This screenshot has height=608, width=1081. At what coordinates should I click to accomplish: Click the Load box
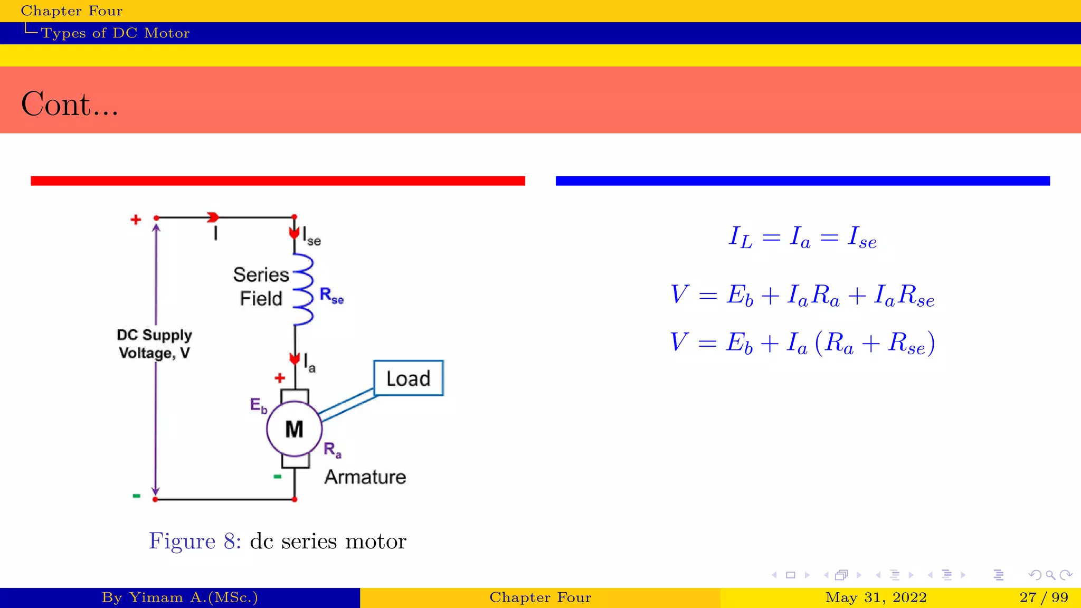coord(408,378)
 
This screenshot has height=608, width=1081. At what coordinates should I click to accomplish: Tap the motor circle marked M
coord(294,429)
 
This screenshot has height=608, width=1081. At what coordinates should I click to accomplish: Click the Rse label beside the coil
coord(331,296)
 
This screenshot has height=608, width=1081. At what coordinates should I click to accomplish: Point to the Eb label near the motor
coord(258,405)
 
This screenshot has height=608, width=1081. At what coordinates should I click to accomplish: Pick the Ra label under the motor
coord(332,450)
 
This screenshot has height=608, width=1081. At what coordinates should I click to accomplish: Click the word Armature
coord(365,477)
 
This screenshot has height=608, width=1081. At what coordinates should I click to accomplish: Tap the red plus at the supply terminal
coord(136,220)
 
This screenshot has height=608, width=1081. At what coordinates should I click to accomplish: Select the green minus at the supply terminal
coord(136,496)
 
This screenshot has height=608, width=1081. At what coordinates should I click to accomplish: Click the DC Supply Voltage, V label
coord(154,344)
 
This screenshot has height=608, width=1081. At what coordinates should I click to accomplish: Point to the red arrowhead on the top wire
coord(213,217)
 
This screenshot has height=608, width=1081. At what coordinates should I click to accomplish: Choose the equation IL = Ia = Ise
coord(802,237)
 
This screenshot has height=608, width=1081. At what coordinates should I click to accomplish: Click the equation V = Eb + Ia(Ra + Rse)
coord(802,343)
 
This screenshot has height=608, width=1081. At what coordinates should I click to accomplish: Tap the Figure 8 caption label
coord(195,541)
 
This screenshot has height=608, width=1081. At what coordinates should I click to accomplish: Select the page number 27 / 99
coord(1044,597)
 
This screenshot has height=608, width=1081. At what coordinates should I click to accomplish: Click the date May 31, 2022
coord(876,597)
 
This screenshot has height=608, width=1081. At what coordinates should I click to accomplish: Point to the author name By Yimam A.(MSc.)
coord(179,597)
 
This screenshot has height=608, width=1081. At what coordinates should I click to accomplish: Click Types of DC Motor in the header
coord(115,33)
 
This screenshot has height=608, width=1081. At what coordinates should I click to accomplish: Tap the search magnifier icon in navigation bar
coord(1050,575)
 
